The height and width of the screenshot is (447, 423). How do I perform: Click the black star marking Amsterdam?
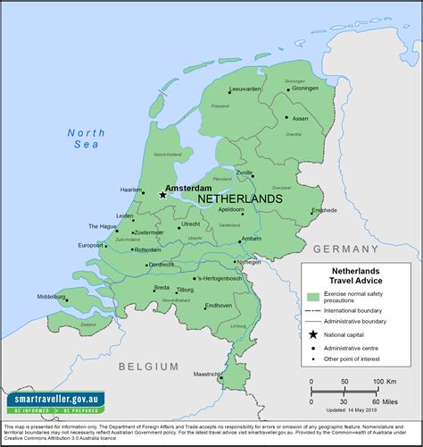coord(162,194)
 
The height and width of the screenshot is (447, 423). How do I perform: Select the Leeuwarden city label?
coord(245,90)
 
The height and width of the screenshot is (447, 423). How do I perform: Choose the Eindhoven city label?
coord(219,306)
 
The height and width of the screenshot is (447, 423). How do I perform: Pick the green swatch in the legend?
coord(312,296)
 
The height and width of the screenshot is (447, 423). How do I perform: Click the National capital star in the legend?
coord(312,333)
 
